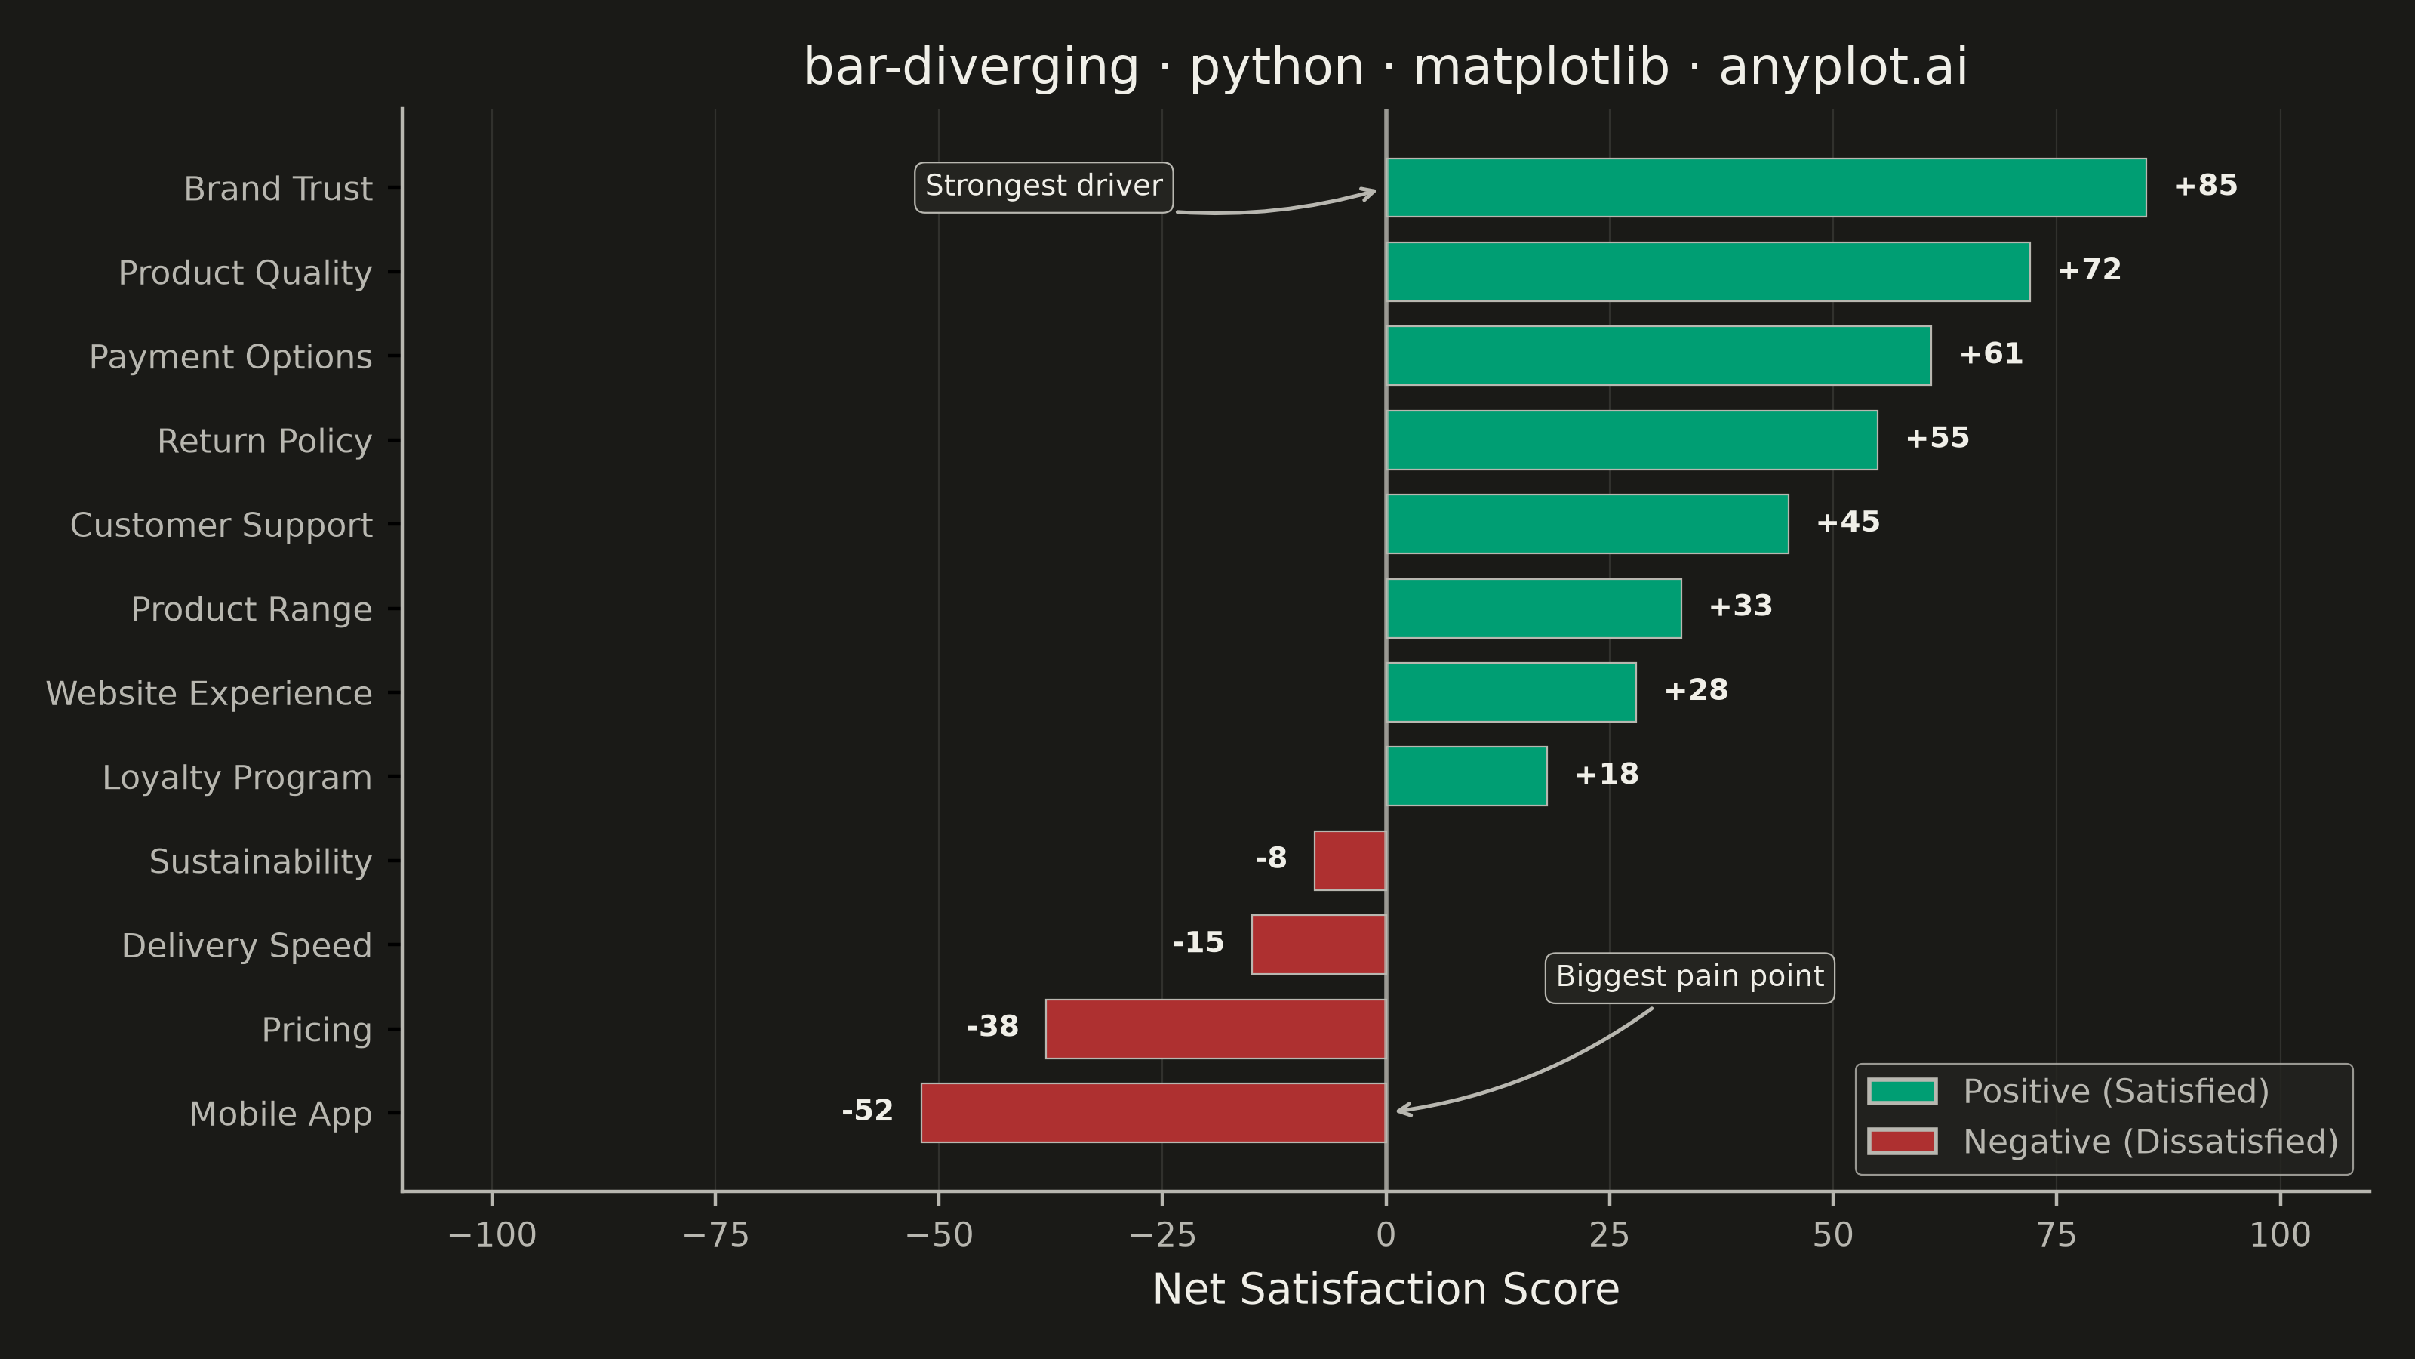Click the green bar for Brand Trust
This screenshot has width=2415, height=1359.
pos(1766,187)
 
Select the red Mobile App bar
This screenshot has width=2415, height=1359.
pos(1153,1114)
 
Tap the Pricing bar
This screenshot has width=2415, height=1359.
pos(1216,1029)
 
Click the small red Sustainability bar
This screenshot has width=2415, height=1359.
pos(1350,860)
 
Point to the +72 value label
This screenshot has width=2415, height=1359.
pos(2090,270)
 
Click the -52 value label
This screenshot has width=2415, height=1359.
pos(867,1111)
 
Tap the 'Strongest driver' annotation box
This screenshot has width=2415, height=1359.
pos(1044,186)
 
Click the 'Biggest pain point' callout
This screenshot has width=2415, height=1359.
pos(1690,978)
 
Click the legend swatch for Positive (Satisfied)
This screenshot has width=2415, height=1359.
pos(1902,1092)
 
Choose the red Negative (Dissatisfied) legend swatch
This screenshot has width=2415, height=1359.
pos(1902,1142)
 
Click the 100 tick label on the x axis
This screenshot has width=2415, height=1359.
pos(2280,1235)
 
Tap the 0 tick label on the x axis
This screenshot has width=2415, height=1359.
pos(1386,1235)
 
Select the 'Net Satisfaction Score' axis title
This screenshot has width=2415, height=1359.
pos(1386,1290)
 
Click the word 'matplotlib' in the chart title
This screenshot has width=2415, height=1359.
pos(1541,67)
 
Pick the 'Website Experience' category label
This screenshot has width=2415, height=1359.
pos(209,694)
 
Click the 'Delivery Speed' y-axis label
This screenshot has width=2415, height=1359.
pos(247,946)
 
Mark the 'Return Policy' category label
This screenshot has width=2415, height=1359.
pos(264,442)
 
